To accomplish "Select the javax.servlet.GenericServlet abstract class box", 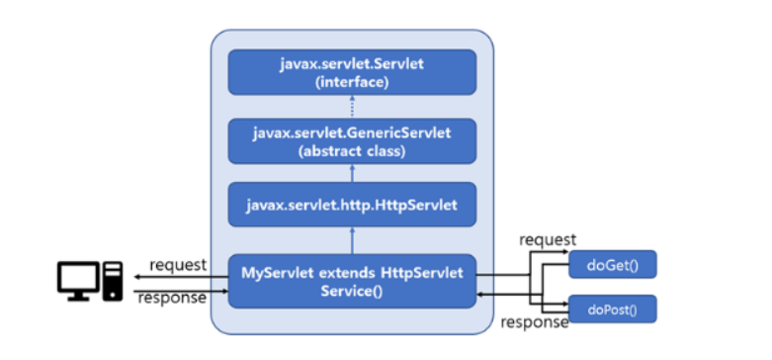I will tap(352, 141).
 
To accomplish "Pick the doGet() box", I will tap(613, 264).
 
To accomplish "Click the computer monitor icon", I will tap(77, 279).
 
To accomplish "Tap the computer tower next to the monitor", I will tap(112, 281).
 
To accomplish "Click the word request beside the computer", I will tap(178, 264).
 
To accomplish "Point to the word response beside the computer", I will tap(173, 297).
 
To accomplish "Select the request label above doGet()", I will tap(547, 239).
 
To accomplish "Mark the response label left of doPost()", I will tap(535, 321).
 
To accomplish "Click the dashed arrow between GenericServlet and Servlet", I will tap(352, 107).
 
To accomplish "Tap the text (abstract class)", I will tap(352, 151).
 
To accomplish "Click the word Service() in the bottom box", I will tap(352, 292).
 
